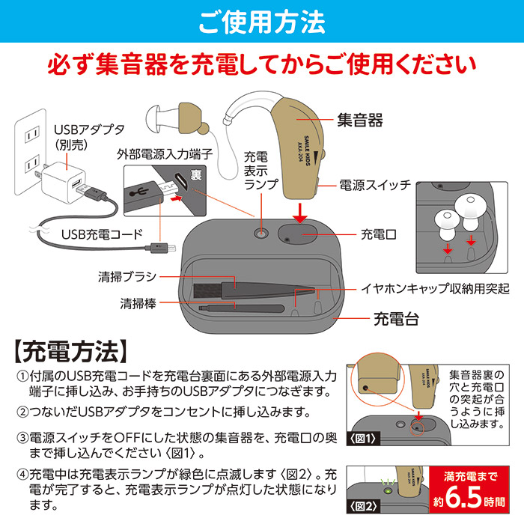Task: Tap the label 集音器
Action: pos(359,119)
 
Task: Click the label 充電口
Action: pos(378,234)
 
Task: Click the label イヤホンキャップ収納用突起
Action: pos(435,287)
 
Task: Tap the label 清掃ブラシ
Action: pos(127,276)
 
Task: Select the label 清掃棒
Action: pos(137,303)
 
